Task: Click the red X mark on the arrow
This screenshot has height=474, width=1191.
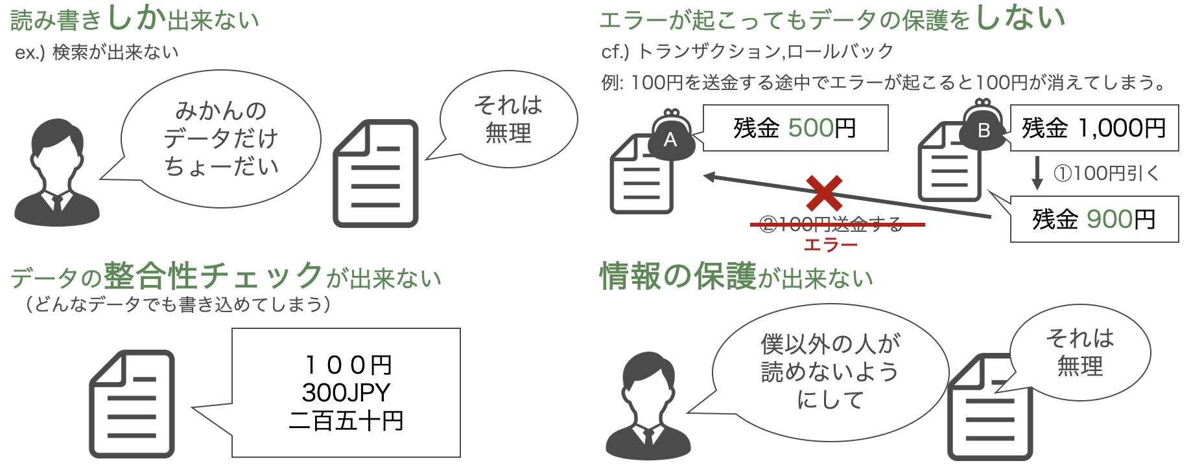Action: [x=824, y=193]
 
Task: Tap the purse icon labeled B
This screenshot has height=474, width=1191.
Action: [x=983, y=127]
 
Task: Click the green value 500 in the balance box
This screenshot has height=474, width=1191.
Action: [x=812, y=128]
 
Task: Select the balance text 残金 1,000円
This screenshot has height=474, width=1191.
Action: [x=1094, y=128]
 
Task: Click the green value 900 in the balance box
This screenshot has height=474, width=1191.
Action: [x=1109, y=220]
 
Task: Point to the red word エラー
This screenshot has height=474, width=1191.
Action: [x=831, y=245]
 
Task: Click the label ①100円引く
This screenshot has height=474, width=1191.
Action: [x=1106, y=174]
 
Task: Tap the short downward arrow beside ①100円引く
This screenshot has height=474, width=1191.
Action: [x=1037, y=172]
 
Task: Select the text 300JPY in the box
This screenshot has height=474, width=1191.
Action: [x=346, y=392]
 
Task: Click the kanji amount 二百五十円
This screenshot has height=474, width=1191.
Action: [x=346, y=421]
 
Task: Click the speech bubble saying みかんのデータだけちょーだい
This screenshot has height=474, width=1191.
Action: [x=221, y=139]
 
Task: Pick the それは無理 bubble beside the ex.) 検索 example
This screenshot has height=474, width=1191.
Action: [x=508, y=119]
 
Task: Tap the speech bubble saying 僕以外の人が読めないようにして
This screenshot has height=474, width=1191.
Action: [x=830, y=372]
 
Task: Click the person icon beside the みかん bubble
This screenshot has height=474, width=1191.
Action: [x=57, y=174]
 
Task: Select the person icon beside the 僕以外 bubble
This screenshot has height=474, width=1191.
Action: [x=648, y=407]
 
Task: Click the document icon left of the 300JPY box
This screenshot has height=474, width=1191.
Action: [x=132, y=404]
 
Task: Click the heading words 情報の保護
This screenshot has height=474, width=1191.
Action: [x=678, y=276]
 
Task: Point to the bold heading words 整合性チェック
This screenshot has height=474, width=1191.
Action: [x=213, y=276]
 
